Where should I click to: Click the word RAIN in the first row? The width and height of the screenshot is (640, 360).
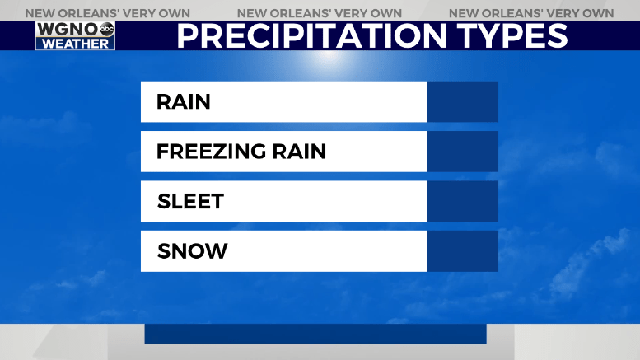pyautogui.click(x=183, y=102)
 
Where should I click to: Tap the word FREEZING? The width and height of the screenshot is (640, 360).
pyautogui.click(x=212, y=152)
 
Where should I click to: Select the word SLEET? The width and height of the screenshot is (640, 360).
pyautogui.click(x=190, y=201)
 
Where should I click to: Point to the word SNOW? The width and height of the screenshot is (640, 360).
pyautogui.click(x=192, y=251)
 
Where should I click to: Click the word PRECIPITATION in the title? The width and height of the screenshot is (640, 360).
pyautogui.click(x=312, y=36)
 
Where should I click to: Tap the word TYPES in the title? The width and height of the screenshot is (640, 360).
pyautogui.click(x=512, y=36)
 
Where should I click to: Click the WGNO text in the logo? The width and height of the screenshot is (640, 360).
pyautogui.click(x=68, y=30)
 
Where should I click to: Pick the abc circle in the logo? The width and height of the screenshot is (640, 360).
pyautogui.click(x=107, y=29)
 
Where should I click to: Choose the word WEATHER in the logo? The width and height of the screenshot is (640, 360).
pyautogui.click(x=76, y=44)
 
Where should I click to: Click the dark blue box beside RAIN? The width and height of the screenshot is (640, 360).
pyautogui.click(x=462, y=101)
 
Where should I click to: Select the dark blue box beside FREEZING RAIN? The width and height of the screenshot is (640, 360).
pyautogui.click(x=462, y=152)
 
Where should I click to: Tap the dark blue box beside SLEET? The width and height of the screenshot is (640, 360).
pyautogui.click(x=462, y=201)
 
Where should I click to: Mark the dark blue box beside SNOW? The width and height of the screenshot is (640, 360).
pyautogui.click(x=462, y=251)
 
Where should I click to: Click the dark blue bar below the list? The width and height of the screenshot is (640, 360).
pyautogui.click(x=315, y=334)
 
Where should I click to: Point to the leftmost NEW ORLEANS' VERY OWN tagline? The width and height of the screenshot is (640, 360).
pyautogui.click(x=108, y=13)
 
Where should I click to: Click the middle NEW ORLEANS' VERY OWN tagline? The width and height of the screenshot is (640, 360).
pyautogui.click(x=320, y=13)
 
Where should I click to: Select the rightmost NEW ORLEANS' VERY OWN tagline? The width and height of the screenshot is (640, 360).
pyautogui.click(x=531, y=13)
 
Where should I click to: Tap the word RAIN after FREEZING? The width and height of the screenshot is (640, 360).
pyautogui.click(x=299, y=152)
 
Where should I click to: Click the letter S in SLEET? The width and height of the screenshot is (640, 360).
pyautogui.click(x=164, y=201)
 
